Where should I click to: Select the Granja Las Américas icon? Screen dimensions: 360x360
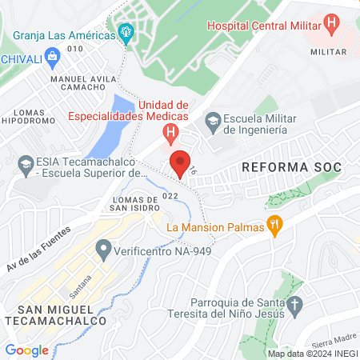click(x=125, y=32)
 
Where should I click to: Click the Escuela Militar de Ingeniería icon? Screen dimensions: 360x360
click(x=213, y=122)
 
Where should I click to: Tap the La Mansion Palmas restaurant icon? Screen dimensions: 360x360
click(x=275, y=226)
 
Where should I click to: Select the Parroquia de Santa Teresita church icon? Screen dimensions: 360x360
click(x=295, y=305)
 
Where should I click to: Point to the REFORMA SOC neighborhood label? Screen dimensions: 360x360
click(x=291, y=167)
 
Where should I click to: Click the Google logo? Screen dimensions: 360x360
click(x=26, y=350)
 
